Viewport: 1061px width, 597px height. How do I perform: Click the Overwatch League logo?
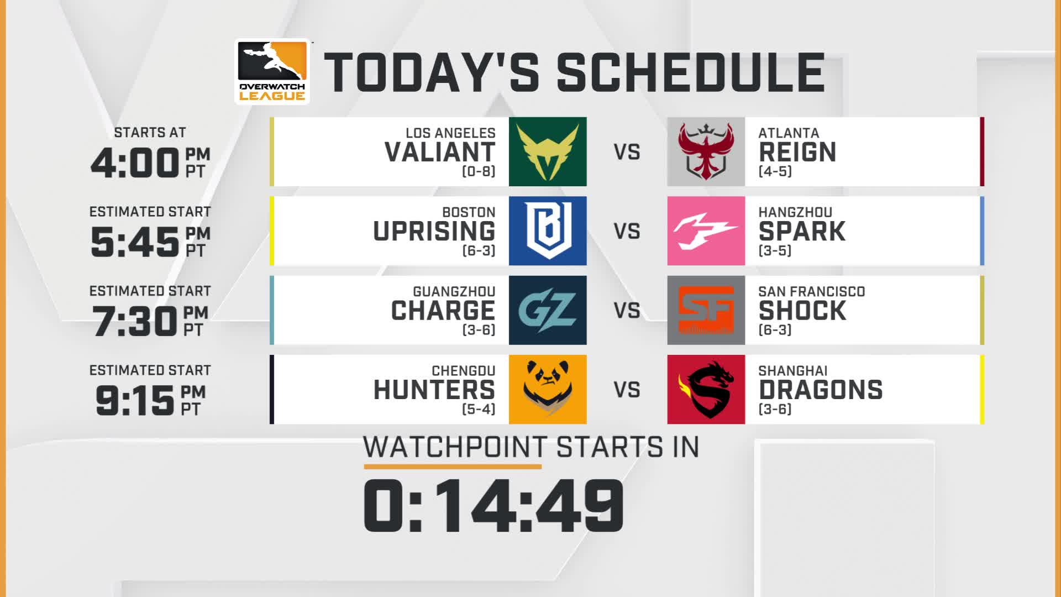272,71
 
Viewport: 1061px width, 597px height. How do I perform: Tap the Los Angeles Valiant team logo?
548,151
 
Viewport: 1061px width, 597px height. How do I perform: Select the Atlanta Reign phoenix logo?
706,151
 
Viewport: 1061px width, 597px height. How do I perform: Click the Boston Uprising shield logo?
548,231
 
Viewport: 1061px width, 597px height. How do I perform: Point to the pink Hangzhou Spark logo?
706,231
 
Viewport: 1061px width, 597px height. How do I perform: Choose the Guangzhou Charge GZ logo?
548,310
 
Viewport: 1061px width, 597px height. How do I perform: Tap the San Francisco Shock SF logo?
706,310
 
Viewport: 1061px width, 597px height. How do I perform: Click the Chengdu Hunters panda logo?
548,389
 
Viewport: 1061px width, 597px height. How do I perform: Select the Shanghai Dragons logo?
706,389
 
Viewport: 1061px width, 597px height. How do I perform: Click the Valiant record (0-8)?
479,171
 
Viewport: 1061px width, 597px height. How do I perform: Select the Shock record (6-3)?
775,330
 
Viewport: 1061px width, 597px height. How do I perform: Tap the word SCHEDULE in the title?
691,72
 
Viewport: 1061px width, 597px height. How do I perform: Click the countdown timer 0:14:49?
493,506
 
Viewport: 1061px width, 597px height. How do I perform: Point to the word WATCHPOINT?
455,447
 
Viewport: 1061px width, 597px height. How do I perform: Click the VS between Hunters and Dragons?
627,390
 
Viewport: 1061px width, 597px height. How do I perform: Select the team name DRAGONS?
821,390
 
